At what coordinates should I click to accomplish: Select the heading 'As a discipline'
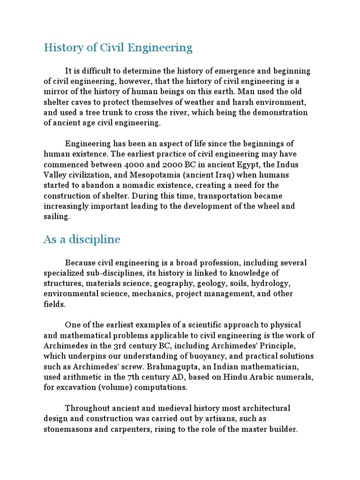[x=82, y=240]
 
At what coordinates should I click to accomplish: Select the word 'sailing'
[x=56, y=216]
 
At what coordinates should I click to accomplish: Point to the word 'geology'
[x=215, y=284]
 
